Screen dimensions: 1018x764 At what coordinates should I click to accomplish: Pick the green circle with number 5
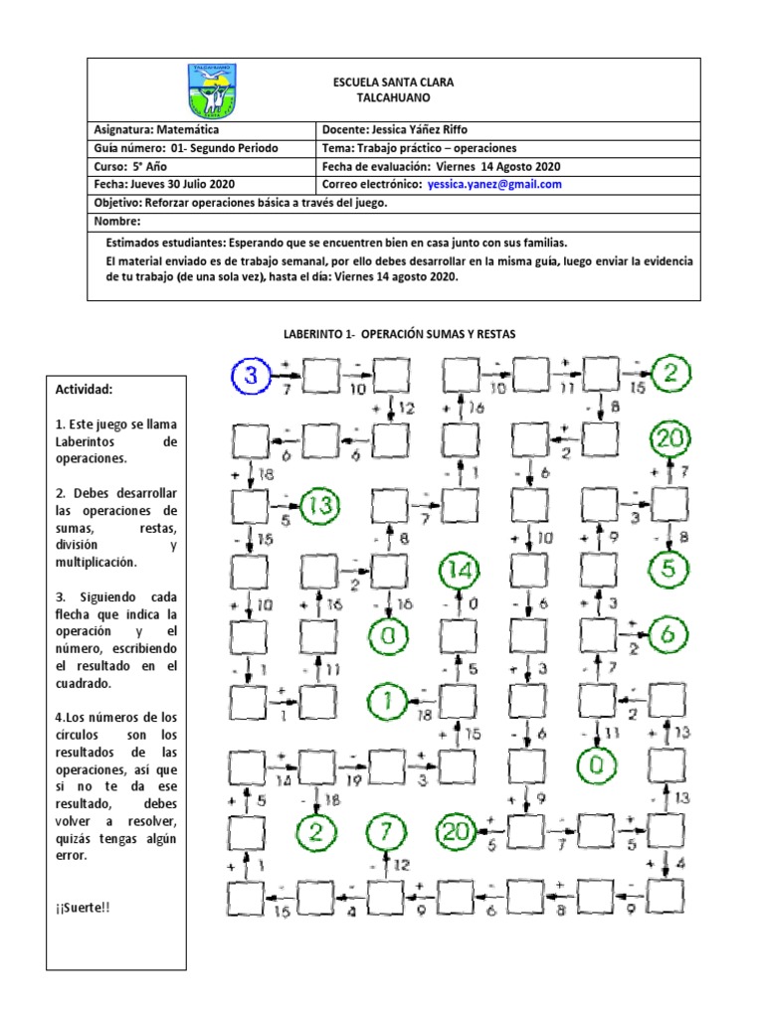pyautogui.click(x=668, y=570)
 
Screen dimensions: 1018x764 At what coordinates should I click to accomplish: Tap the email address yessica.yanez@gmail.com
pyautogui.click(x=494, y=185)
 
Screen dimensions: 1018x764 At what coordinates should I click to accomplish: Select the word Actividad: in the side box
pyautogui.click(x=85, y=389)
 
